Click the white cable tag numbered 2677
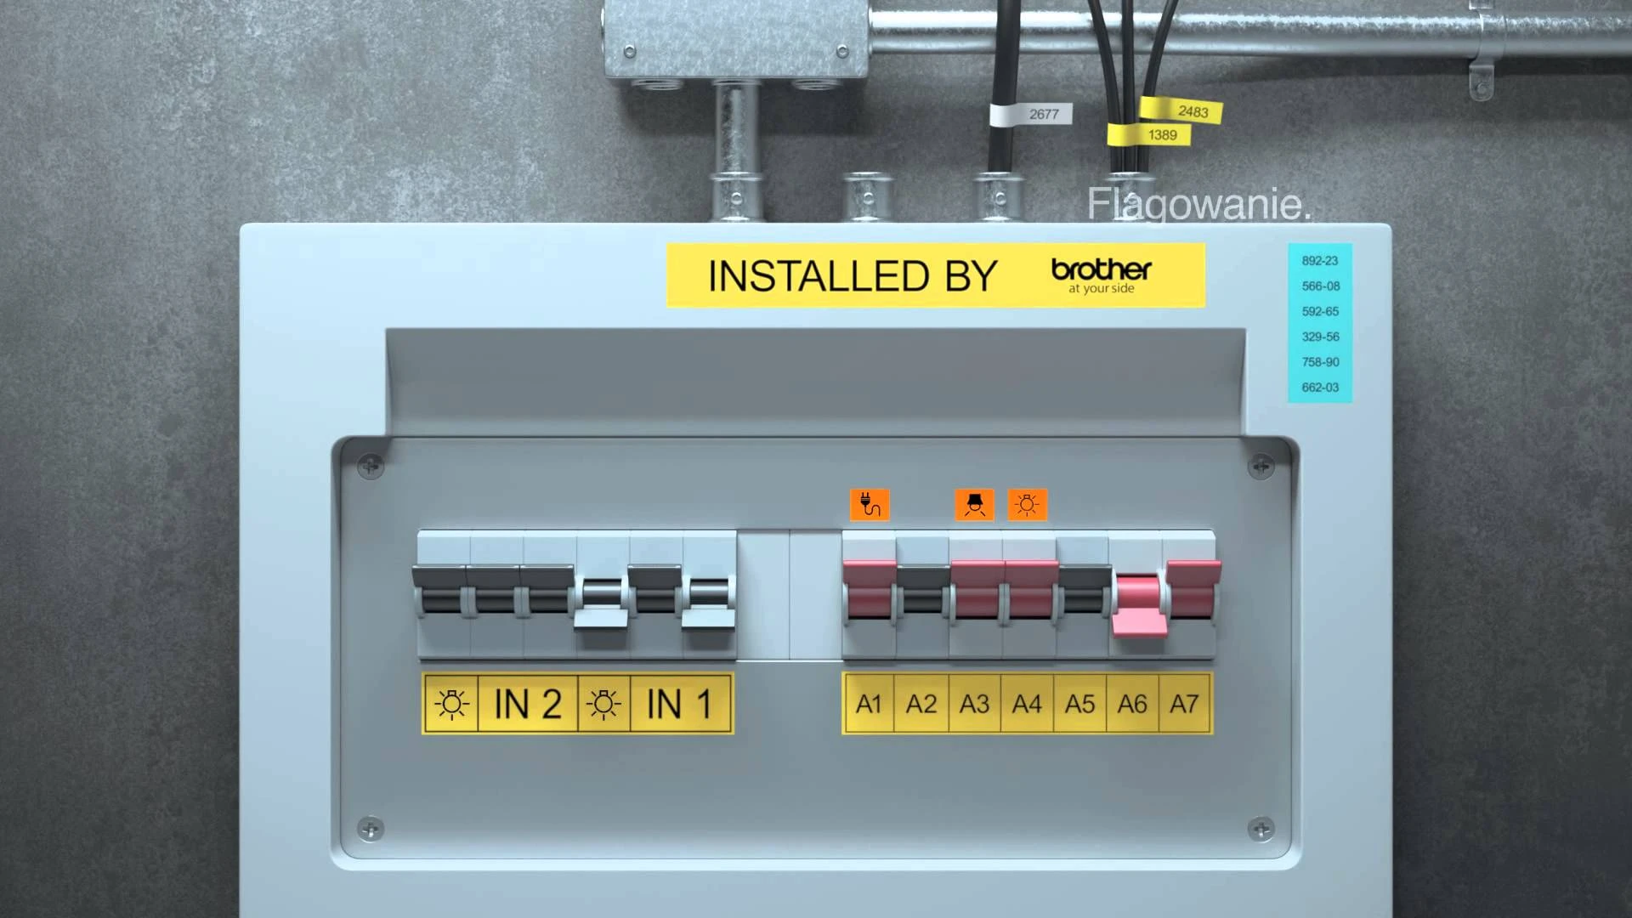pyautogui.click(x=1030, y=114)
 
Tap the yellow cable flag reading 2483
pyautogui.click(x=1181, y=110)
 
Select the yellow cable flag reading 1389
pyautogui.click(x=1149, y=134)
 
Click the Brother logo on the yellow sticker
pyautogui.click(x=1102, y=275)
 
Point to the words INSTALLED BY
pyautogui.click(x=853, y=276)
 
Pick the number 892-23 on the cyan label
pyautogui.click(x=1320, y=261)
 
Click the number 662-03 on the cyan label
pyautogui.click(x=1320, y=388)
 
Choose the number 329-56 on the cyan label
pyautogui.click(x=1320, y=337)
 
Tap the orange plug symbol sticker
pyautogui.click(x=870, y=505)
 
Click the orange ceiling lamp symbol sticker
pyautogui.click(x=974, y=505)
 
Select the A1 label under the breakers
pyautogui.click(x=869, y=704)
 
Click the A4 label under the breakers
pyautogui.click(x=1027, y=704)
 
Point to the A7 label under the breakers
pyautogui.click(x=1184, y=704)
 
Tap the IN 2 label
pyautogui.click(x=528, y=705)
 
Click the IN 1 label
pyautogui.click(x=680, y=705)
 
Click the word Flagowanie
pyautogui.click(x=1199, y=205)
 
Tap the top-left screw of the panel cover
pyautogui.click(x=371, y=466)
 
